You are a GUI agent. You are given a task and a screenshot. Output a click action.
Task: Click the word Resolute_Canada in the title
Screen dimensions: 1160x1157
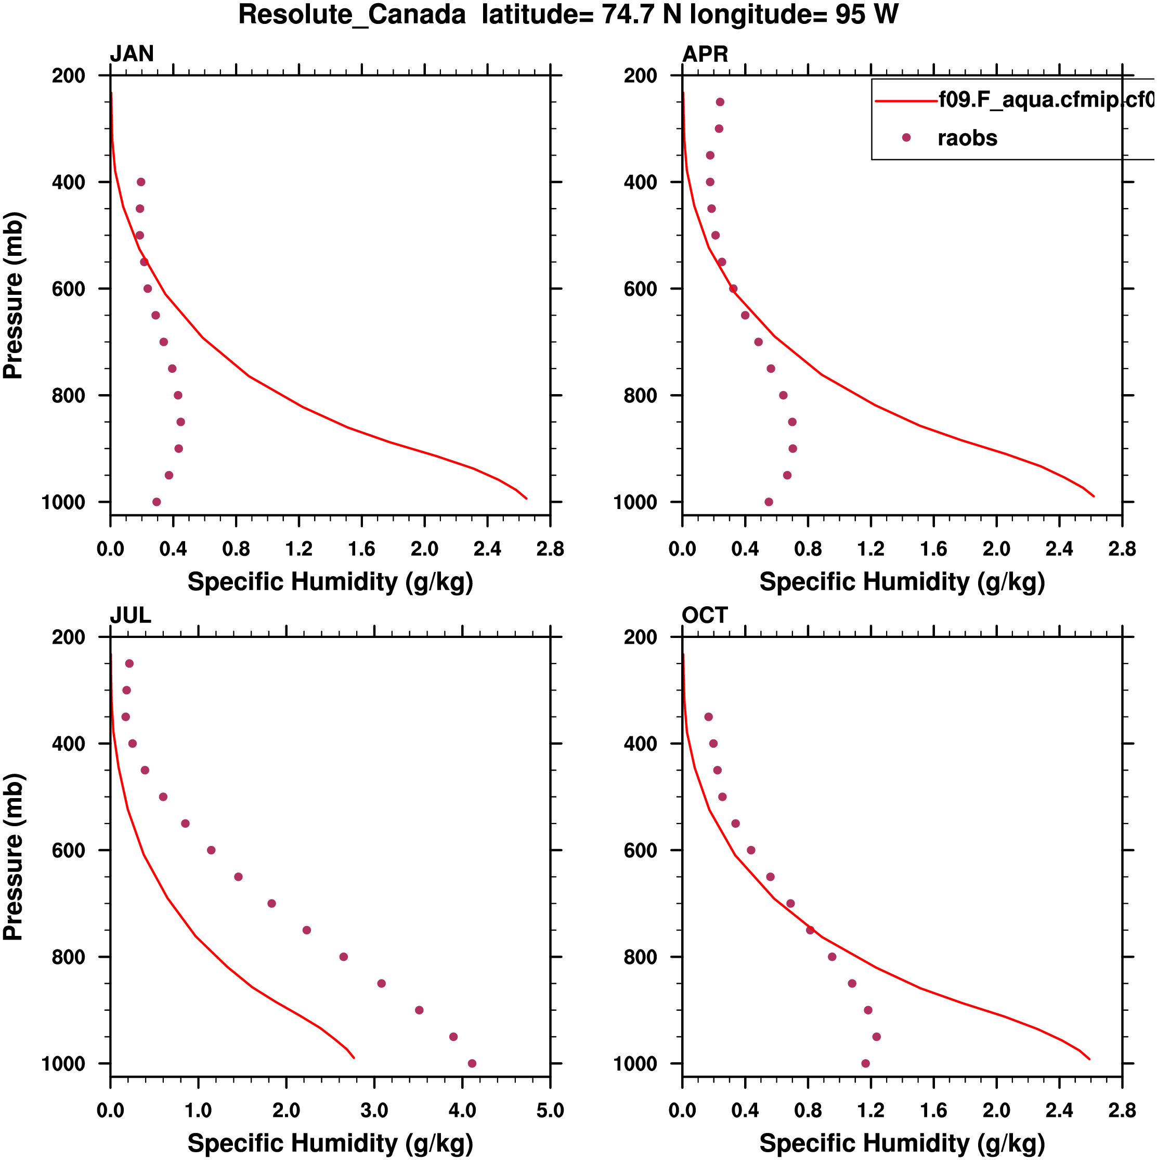(x=352, y=15)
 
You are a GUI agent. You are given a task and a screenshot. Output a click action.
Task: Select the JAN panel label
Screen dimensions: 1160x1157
(x=132, y=54)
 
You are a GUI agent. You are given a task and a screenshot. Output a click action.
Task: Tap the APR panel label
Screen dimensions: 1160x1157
(x=705, y=54)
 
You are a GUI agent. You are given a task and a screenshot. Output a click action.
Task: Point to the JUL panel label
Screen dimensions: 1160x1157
(x=131, y=616)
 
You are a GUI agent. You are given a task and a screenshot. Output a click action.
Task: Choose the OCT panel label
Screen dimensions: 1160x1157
(x=704, y=616)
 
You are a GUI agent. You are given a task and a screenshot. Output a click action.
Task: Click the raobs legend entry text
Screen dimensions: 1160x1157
(x=967, y=138)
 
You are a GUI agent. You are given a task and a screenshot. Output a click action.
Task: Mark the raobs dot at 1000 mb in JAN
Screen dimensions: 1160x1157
(x=157, y=502)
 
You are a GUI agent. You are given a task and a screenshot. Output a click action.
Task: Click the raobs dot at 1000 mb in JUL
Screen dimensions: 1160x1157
(x=472, y=1063)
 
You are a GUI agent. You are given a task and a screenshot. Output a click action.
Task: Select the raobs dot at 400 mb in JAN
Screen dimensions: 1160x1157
(x=141, y=182)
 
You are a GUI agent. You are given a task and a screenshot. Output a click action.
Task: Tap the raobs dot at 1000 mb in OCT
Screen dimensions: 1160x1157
(x=865, y=1063)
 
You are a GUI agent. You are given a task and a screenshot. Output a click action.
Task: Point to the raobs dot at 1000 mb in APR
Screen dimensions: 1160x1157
(x=769, y=502)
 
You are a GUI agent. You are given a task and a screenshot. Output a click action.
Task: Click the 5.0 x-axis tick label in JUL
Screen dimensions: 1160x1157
(x=550, y=1111)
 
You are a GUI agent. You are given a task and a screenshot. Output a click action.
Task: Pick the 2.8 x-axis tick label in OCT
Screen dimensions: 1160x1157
(x=1122, y=1111)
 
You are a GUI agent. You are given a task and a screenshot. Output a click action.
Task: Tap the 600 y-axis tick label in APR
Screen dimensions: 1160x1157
(x=641, y=289)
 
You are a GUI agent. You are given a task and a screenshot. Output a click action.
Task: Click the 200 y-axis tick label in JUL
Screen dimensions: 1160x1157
(x=69, y=637)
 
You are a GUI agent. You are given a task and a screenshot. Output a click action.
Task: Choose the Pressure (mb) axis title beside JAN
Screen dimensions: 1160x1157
(x=13, y=295)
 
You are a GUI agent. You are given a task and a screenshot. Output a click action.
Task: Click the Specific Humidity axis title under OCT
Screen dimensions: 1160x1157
(x=902, y=1143)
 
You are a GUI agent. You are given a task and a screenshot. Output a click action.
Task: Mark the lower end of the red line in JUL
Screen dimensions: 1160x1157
(x=354, y=1058)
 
